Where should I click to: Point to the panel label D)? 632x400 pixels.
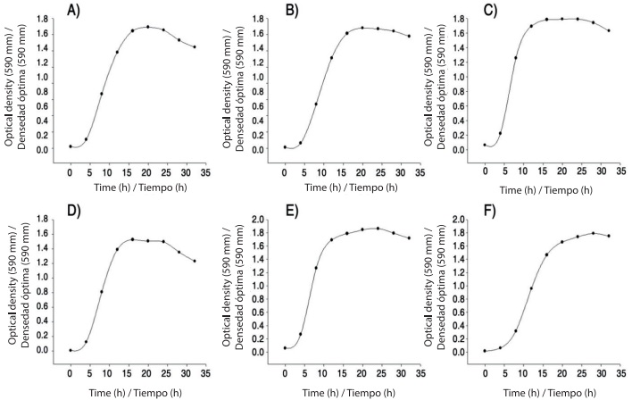click(x=77, y=211)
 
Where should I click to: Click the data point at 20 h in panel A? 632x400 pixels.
click(x=147, y=27)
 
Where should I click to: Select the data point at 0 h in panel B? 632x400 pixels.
click(x=285, y=147)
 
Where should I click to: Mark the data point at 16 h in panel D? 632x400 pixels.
click(x=132, y=239)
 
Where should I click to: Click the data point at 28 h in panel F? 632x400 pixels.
click(x=593, y=233)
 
